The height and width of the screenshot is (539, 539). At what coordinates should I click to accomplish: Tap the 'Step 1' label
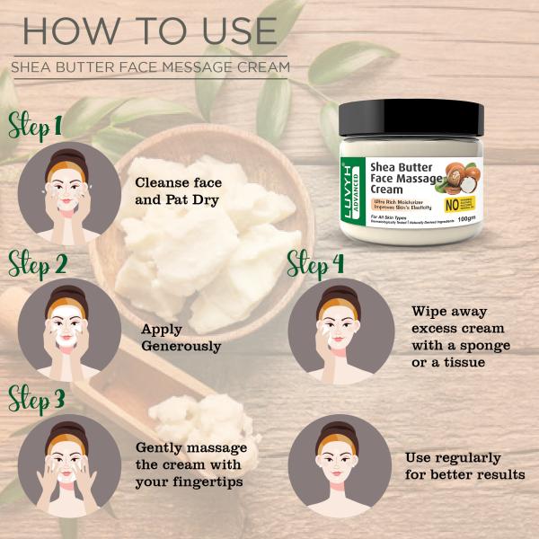pos(36,124)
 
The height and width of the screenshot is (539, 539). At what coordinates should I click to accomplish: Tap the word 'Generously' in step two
pos(181,345)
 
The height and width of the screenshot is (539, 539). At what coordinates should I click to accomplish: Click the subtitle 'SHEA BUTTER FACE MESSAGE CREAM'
pos(150,67)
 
